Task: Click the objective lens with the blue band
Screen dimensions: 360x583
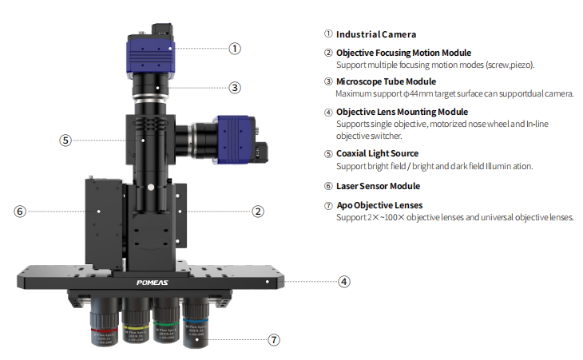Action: click(196, 325)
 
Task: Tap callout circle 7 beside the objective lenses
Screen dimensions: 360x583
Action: click(274, 340)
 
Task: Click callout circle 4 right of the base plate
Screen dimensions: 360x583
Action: click(344, 281)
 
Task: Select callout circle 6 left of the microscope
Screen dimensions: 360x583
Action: click(20, 212)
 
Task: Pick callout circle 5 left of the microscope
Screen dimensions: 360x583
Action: click(65, 140)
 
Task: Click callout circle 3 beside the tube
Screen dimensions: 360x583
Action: click(235, 88)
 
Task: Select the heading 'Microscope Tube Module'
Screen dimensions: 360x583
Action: click(386, 81)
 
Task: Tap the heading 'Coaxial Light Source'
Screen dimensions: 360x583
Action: click(377, 153)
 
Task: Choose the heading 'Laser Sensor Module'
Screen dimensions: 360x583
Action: click(378, 186)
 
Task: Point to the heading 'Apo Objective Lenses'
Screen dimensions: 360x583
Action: click(379, 205)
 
